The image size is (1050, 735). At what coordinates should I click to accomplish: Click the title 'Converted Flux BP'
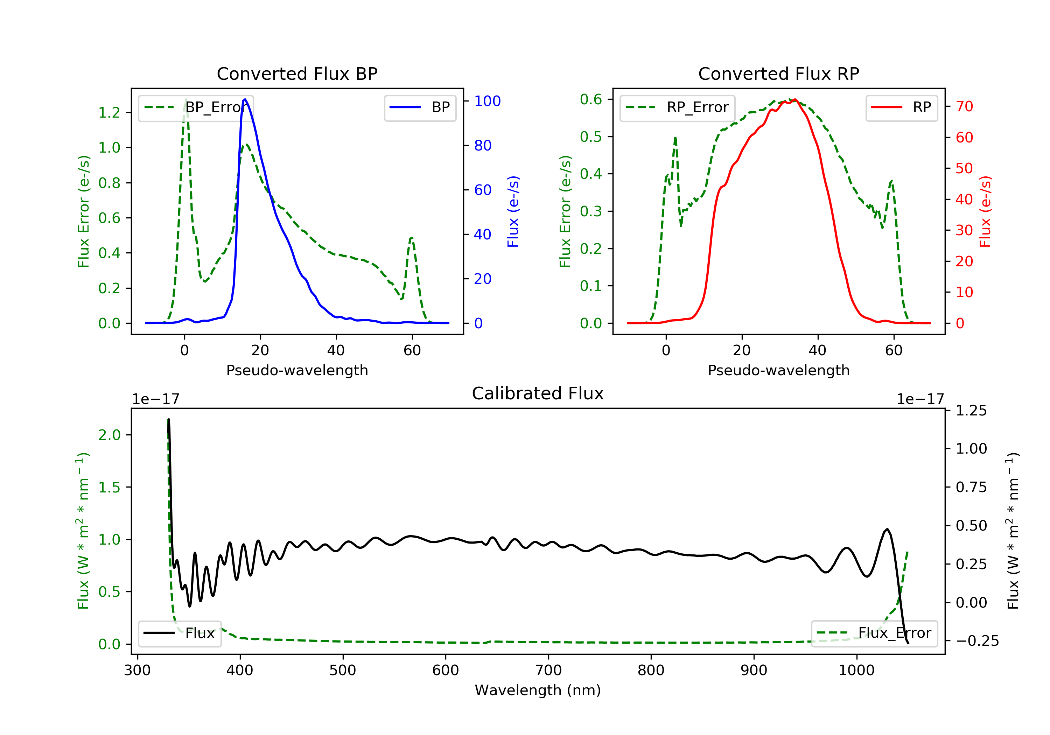click(297, 73)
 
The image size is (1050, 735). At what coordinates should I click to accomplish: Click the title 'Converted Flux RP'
click(778, 73)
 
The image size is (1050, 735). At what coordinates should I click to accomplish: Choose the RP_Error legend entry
click(677, 107)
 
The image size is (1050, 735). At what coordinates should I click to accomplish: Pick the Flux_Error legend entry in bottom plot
click(874, 633)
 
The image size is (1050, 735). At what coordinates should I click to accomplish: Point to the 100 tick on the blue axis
click(487, 101)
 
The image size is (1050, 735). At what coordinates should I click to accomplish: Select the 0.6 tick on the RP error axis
click(590, 99)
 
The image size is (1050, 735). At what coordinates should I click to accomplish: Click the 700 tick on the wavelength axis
click(548, 671)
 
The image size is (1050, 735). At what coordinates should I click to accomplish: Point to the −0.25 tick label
click(977, 641)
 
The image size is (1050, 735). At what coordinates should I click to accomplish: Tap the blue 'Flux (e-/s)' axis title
click(513, 211)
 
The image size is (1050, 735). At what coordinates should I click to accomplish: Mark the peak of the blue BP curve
click(245, 99)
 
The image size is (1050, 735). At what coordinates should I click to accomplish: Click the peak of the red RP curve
click(795, 100)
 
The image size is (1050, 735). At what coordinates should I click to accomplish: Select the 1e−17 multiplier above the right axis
click(920, 399)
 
